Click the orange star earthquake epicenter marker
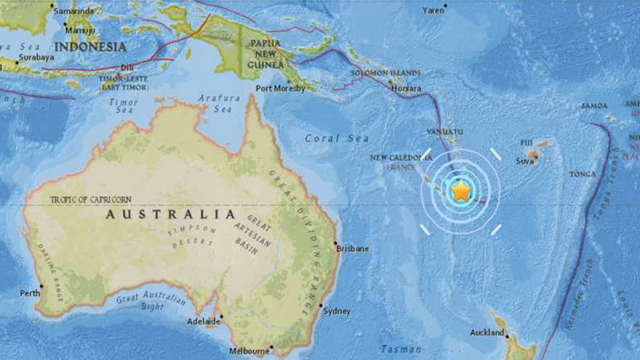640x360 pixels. [x=461, y=191]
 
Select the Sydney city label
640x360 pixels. [x=336, y=311]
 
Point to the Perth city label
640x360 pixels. [x=30, y=293]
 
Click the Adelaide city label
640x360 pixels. [x=203, y=322]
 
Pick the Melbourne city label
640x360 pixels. [x=249, y=351]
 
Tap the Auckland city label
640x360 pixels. [x=487, y=332]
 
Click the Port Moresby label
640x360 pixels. [x=280, y=88]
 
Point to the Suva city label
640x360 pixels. [x=525, y=161]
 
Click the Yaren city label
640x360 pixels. [x=433, y=10]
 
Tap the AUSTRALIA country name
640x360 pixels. [x=170, y=215]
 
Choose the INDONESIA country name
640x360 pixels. [x=90, y=46]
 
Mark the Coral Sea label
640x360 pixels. [x=336, y=138]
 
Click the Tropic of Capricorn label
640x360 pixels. [x=91, y=199]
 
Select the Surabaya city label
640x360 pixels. [x=36, y=57]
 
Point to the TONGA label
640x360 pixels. [x=583, y=174]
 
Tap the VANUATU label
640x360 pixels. [x=442, y=132]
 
